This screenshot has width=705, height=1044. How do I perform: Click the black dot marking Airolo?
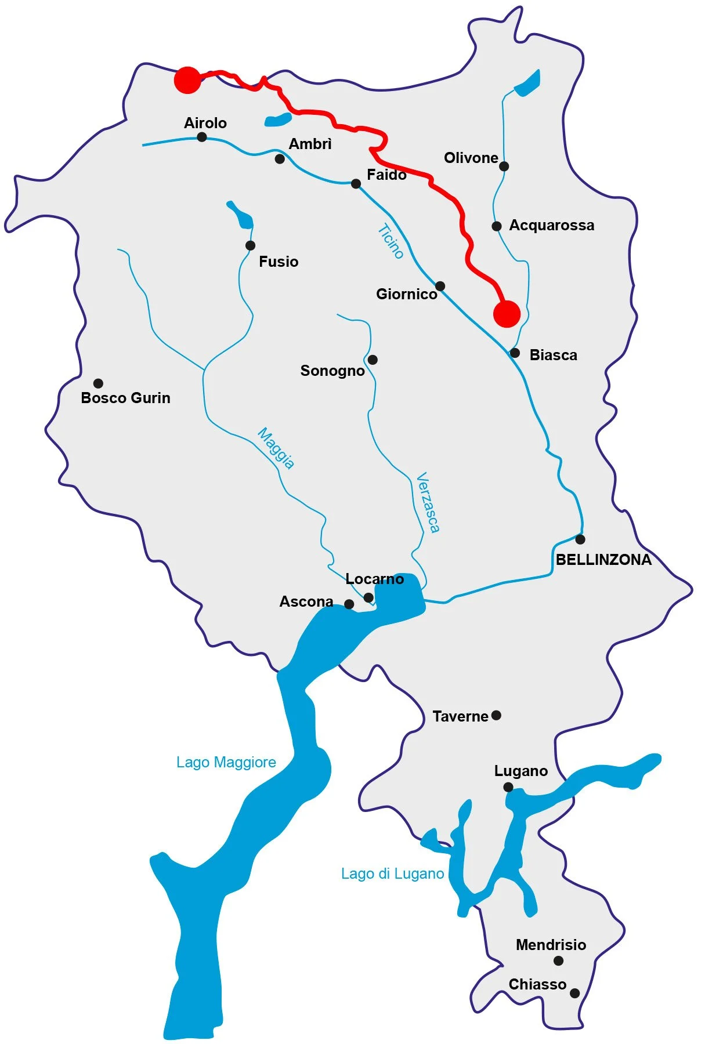[x=202, y=137]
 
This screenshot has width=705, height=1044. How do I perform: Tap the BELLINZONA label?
[x=603, y=560]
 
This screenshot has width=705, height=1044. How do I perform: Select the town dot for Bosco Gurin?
[x=99, y=383]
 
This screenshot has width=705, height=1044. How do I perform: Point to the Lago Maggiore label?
[x=226, y=762]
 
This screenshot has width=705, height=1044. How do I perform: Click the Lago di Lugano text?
[x=392, y=873]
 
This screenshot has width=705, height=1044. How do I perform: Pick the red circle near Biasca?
[x=507, y=314]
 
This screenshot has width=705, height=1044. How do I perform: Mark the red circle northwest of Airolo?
[x=188, y=80]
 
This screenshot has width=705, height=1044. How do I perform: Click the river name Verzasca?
[x=429, y=502]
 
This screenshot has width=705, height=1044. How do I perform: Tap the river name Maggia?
[x=276, y=448]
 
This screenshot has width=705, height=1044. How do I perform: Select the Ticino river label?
[x=391, y=241]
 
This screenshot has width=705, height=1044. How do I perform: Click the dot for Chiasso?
[x=574, y=993]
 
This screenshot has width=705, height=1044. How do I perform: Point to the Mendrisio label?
[x=551, y=945]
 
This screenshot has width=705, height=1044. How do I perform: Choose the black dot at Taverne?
[x=496, y=715]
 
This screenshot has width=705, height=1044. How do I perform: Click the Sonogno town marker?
[x=373, y=360]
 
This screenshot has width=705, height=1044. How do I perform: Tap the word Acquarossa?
[x=551, y=225]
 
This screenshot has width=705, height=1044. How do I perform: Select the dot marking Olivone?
[x=504, y=166]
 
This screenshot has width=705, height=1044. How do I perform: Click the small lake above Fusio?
[x=241, y=215]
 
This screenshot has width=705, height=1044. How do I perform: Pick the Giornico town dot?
[x=440, y=286]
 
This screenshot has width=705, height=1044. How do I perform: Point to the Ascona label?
[x=306, y=601]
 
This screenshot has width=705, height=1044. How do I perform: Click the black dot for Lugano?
[x=508, y=787]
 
